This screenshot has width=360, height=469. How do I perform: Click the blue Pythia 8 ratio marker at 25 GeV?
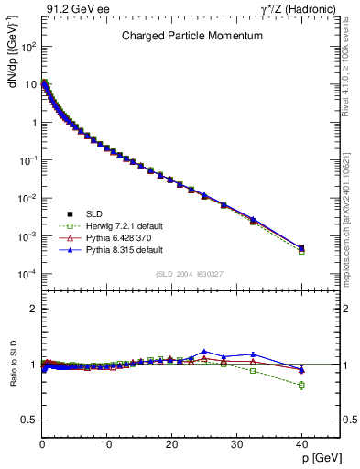tap(204, 351)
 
